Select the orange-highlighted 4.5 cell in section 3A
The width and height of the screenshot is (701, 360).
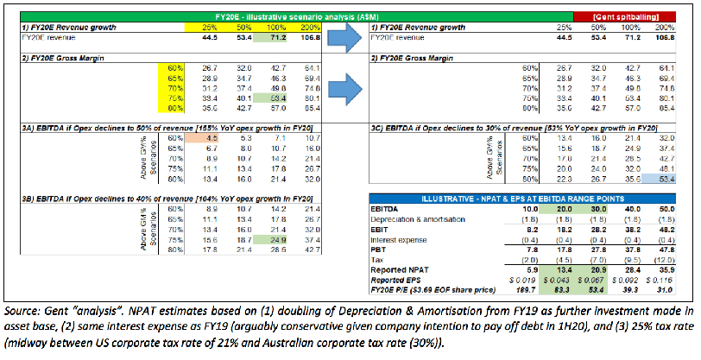pos(199,137)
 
